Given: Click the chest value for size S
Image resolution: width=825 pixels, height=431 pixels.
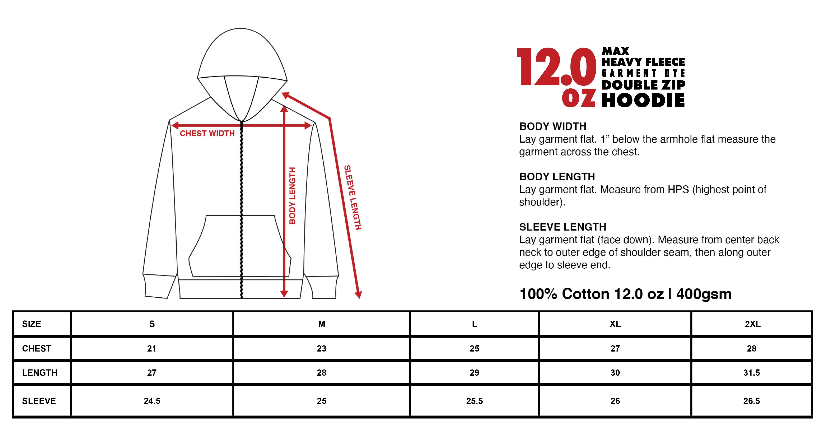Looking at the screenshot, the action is pyautogui.click(x=152, y=348).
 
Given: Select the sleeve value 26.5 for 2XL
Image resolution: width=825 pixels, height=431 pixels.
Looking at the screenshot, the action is pyautogui.click(x=751, y=401).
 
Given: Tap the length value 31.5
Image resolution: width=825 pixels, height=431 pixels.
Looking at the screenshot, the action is pyautogui.click(x=751, y=373).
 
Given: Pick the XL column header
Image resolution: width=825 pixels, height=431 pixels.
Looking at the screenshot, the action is pyautogui.click(x=615, y=324).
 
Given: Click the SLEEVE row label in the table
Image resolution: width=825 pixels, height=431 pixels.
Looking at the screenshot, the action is pyautogui.click(x=39, y=401).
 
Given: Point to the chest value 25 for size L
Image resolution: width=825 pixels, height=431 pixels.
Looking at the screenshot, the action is pyautogui.click(x=474, y=348).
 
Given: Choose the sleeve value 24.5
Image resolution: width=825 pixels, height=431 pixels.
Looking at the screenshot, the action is pyautogui.click(x=152, y=401).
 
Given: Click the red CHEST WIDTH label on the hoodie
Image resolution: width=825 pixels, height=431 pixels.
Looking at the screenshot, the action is pyautogui.click(x=207, y=133).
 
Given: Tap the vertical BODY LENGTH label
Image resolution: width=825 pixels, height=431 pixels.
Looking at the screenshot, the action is pyautogui.click(x=292, y=196).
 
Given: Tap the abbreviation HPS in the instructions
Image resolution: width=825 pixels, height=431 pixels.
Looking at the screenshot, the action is pyautogui.click(x=678, y=189).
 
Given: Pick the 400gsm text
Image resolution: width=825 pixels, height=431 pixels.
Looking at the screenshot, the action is pyautogui.click(x=704, y=294).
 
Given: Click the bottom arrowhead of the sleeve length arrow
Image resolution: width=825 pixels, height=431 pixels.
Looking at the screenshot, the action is pyautogui.click(x=358, y=294).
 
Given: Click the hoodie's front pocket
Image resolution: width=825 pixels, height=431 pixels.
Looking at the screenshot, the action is pyautogui.click(x=240, y=246).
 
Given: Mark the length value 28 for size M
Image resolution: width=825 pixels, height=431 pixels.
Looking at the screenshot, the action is pyautogui.click(x=322, y=373).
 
